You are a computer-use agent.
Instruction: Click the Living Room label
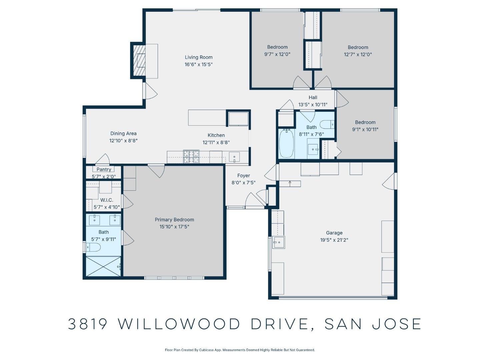[199, 57]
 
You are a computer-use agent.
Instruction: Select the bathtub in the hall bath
[286, 143]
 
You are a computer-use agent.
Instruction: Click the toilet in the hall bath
[327, 125]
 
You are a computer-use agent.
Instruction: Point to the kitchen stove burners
[191, 157]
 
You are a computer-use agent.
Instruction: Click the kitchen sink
[234, 157]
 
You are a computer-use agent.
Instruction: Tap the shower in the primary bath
[103, 266]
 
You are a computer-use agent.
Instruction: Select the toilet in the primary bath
[93, 247]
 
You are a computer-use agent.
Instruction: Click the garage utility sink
[278, 242]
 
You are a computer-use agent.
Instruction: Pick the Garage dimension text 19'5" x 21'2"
[334, 240]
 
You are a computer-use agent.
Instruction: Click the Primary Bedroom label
[174, 220]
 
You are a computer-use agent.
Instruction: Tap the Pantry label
[104, 170]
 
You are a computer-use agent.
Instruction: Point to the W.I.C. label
[107, 200]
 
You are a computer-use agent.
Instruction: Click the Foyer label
[243, 176]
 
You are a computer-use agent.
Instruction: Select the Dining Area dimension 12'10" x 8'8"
[123, 141]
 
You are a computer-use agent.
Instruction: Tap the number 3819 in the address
[88, 324]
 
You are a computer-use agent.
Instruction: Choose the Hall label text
[313, 98]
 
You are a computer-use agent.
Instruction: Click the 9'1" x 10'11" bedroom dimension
[365, 129]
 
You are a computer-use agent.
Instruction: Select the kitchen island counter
[207, 118]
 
